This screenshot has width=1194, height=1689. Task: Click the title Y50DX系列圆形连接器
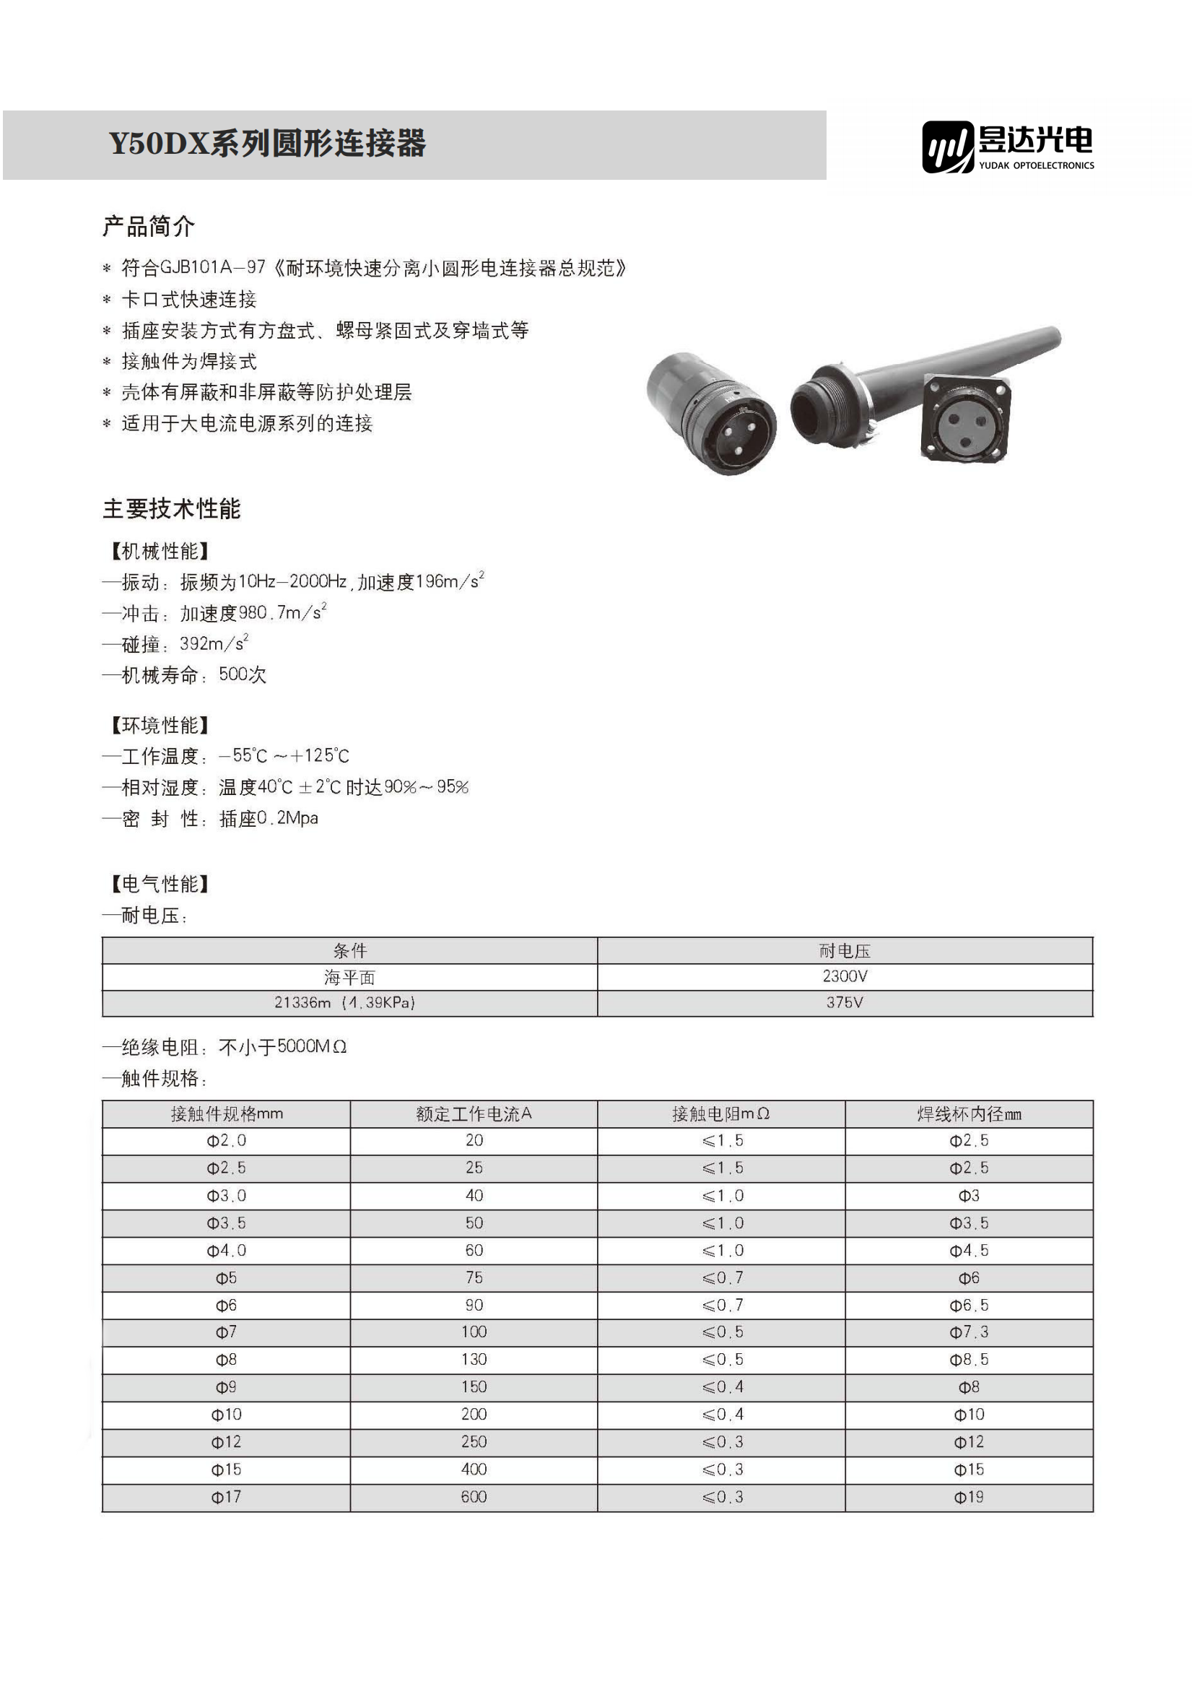(267, 144)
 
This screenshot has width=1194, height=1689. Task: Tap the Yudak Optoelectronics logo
(1007, 147)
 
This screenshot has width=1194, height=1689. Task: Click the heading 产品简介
(149, 226)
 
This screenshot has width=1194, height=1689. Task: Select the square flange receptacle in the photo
(965, 418)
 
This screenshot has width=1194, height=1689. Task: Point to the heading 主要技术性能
(171, 508)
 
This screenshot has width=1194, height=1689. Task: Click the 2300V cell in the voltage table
(845, 976)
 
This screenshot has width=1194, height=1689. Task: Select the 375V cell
(845, 1003)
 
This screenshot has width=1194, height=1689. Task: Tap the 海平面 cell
(349, 977)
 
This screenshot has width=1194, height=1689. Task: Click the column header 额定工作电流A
(474, 1113)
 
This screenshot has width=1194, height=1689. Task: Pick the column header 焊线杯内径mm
(969, 1113)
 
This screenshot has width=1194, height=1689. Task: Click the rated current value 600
(474, 1497)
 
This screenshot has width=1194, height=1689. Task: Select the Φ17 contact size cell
(226, 1497)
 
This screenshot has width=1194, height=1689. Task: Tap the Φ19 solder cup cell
(969, 1497)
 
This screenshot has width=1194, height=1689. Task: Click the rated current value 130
(474, 1360)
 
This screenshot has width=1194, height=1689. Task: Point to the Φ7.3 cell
(969, 1332)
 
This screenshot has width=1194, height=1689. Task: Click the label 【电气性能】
(160, 883)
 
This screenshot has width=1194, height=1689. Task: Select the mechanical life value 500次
(243, 674)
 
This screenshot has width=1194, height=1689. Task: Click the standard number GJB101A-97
(212, 267)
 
